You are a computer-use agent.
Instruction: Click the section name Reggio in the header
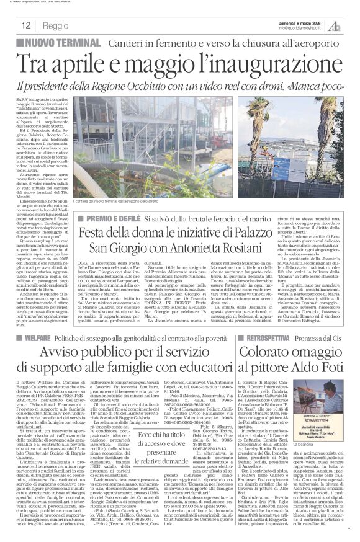click(56, 26)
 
